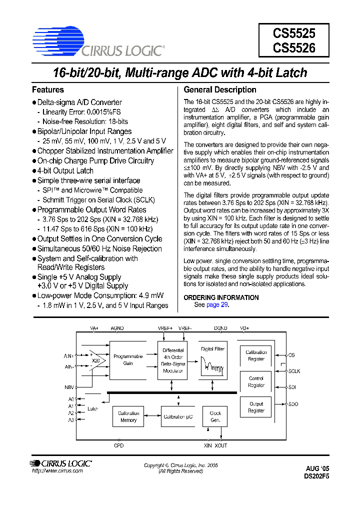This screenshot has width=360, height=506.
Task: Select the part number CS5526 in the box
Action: click(x=293, y=48)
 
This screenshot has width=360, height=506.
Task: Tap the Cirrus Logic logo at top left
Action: click(x=98, y=42)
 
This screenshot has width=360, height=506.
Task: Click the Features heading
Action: click(x=48, y=90)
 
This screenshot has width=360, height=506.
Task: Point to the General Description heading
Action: click(x=220, y=90)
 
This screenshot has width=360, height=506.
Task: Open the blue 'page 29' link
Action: click(x=217, y=304)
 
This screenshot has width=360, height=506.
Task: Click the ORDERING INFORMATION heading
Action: click(x=221, y=297)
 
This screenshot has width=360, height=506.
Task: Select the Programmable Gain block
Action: click(x=128, y=359)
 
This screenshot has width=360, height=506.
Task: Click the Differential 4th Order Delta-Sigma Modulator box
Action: click(x=173, y=360)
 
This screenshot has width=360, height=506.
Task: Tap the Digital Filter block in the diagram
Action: click(x=213, y=360)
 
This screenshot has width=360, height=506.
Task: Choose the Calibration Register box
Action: click(x=256, y=355)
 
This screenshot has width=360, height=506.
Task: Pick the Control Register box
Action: click(x=256, y=382)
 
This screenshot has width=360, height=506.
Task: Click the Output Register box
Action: click(x=256, y=407)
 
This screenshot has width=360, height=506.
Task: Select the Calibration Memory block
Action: click(x=128, y=416)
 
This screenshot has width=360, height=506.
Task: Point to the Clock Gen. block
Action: click(x=215, y=416)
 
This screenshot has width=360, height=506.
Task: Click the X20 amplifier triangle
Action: click(x=94, y=360)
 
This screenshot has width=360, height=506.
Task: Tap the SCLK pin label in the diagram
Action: click(x=294, y=371)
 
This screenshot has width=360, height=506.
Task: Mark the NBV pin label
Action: click(x=69, y=387)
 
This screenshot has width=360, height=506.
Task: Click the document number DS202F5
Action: click(x=316, y=476)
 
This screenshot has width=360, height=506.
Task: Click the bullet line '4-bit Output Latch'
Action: click(x=65, y=170)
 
